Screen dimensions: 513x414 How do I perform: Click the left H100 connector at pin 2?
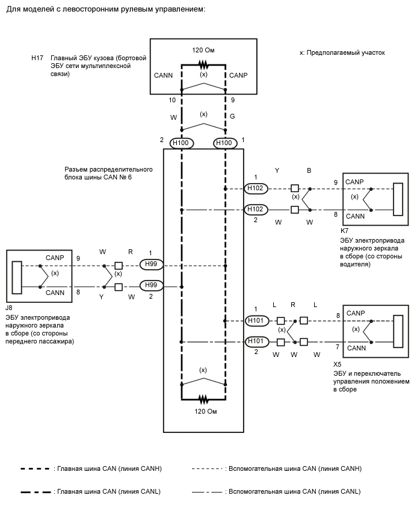tap(181, 143)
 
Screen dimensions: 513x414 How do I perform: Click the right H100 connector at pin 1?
tap(225, 143)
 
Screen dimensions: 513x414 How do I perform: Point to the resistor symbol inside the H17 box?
tap(203, 64)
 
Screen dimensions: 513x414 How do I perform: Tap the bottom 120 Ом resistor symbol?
tap(203, 398)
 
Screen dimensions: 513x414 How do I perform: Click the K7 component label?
tap(345, 230)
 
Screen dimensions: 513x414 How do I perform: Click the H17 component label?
tap(37, 58)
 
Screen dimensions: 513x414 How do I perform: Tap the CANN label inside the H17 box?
tap(164, 75)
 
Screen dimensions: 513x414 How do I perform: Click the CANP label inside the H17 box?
tap(238, 75)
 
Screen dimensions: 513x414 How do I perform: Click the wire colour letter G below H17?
tap(232, 116)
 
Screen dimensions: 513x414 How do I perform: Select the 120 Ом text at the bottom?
tap(203, 412)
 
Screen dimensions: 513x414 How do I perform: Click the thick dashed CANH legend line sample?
tap(36, 468)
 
